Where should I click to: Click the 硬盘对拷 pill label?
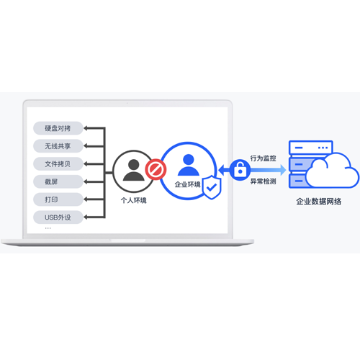[58, 128]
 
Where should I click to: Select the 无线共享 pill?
[58, 146]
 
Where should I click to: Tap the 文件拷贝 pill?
[58, 164]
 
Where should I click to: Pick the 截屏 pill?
[58, 181]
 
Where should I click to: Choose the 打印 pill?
[58, 199]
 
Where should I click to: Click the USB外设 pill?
[58, 217]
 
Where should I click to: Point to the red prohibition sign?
[156, 169]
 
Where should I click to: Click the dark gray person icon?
[134, 170]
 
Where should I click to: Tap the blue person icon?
[189, 165]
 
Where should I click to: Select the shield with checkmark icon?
[212, 187]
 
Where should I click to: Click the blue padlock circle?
[240, 170]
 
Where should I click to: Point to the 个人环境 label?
[134, 200]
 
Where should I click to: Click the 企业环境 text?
[187, 184]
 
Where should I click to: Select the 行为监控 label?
[264, 158]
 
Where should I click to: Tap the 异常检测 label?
[264, 181]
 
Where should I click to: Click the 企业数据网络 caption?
[319, 202]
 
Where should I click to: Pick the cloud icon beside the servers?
[333, 171]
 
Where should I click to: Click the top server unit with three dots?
[311, 148]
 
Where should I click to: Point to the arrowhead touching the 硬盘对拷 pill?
[86, 128]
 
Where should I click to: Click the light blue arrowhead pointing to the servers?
[283, 170]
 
